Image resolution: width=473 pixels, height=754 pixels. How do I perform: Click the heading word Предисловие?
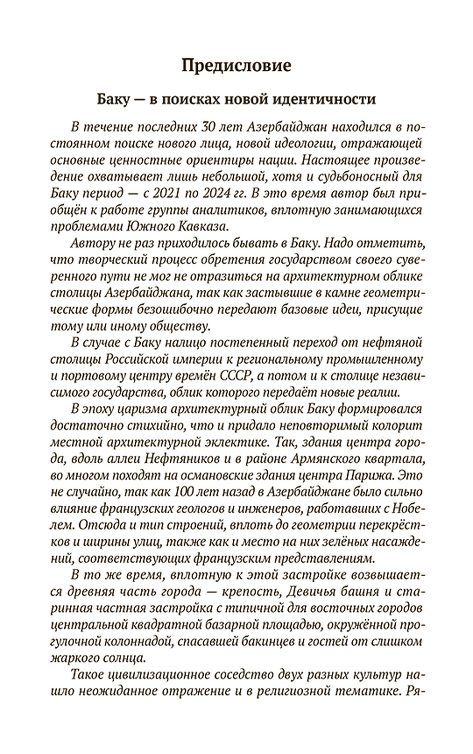pyautogui.click(x=236, y=66)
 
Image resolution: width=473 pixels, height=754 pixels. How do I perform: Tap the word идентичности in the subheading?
pyautogui.click(x=324, y=99)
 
